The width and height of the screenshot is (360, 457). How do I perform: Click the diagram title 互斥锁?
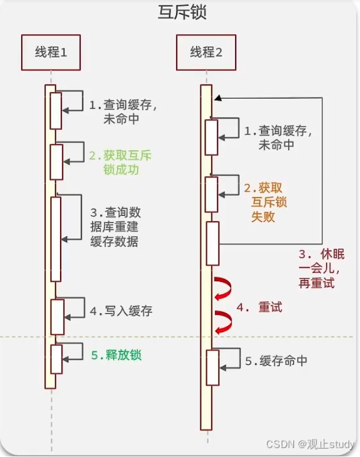click(x=182, y=13)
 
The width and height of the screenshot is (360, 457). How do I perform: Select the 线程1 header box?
click(x=51, y=52)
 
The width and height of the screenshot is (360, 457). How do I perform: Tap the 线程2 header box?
click(x=206, y=52)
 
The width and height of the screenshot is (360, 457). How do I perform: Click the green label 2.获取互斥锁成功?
click(x=120, y=163)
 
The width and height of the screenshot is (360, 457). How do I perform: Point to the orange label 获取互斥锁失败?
click(x=266, y=202)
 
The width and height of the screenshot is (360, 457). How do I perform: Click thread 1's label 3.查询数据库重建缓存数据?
click(x=115, y=227)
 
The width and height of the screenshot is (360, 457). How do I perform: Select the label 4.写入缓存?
click(x=121, y=311)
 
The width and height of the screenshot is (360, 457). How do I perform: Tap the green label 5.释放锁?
click(x=116, y=356)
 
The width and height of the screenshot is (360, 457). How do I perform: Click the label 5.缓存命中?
click(x=276, y=361)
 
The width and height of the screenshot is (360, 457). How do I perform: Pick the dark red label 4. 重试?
click(x=259, y=307)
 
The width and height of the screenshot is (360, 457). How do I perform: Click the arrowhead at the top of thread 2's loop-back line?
click(x=218, y=98)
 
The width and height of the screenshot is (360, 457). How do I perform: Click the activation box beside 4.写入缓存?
click(x=57, y=317)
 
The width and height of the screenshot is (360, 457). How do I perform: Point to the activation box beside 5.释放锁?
click(x=57, y=359)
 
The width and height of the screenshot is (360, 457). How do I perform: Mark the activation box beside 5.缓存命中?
click(x=213, y=367)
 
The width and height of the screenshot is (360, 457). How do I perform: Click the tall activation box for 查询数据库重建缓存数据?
click(x=56, y=239)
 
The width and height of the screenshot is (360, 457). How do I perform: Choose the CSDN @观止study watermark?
click(x=310, y=444)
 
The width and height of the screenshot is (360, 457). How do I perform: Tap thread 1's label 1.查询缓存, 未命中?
click(x=123, y=112)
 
